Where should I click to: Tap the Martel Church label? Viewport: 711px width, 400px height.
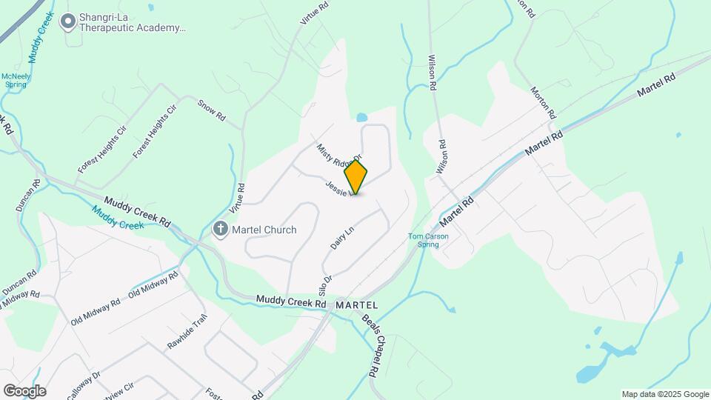coord(264,230)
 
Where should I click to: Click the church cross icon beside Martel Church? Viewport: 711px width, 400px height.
coord(220,230)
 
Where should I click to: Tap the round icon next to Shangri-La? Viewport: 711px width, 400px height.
coord(69,22)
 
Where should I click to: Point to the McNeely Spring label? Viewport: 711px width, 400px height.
coord(15,80)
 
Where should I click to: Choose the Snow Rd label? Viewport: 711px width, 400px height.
coord(211,111)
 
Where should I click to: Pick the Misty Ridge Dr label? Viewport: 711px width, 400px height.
coord(338,153)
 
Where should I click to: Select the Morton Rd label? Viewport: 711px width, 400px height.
coord(542,103)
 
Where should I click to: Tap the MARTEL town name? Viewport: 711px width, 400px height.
coord(356,305)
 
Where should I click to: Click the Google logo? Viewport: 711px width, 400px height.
coord(24,391)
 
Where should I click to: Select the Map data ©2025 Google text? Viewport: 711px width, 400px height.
coord(665,394)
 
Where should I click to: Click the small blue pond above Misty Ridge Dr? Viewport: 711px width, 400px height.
coord(361,117)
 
